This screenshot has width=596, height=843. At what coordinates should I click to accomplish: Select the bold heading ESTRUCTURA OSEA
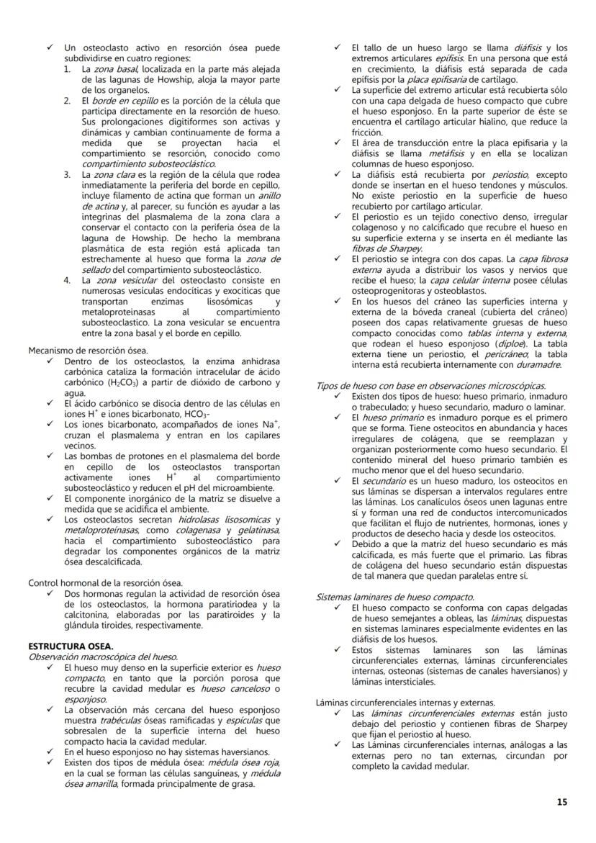pyautogui.click(x=63, y=646)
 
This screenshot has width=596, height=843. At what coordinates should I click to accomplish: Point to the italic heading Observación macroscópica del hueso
pyautogui.click(x=102, y=656)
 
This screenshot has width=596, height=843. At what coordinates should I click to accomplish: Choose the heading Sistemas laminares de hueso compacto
pyautogui.click(x=395, y=597)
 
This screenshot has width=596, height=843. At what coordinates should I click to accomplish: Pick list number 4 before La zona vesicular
pyautogui.click(x=66, y=279)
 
